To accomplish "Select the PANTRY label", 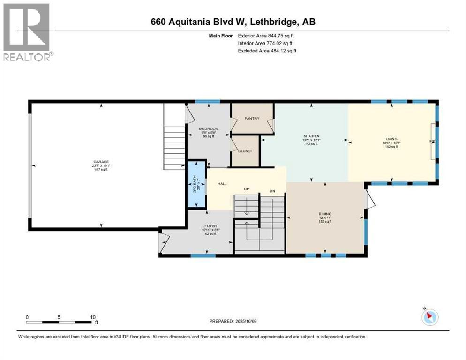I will tap(252, 119).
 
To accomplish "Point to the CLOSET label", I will tap(245, 151).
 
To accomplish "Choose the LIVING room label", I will tap(391, 139).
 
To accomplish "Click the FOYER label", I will tap(210, 225).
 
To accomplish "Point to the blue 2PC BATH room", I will tap(196, 184).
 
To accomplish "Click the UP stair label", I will tap(246, 189).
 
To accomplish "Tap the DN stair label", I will tap(271, 191).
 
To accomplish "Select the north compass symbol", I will tap(429, 317).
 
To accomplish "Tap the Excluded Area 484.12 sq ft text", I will tap(267, 51).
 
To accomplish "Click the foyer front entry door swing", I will tap(164, 243).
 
